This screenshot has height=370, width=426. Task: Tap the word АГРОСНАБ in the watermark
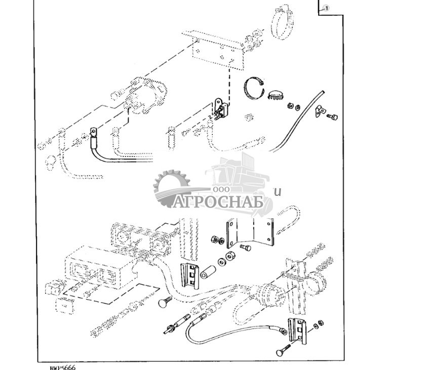219,202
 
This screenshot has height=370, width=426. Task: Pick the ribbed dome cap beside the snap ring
275,95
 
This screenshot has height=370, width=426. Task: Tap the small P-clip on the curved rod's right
320,110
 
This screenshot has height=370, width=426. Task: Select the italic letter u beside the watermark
277,191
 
